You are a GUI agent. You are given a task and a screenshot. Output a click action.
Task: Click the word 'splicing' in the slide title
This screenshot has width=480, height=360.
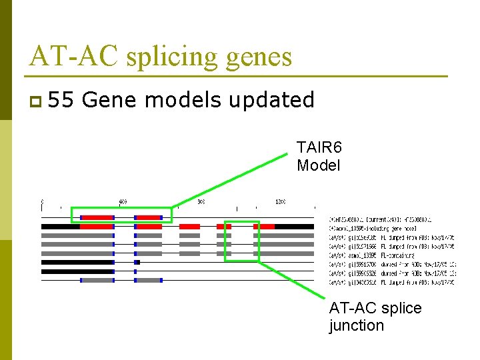click(x=170, y=57)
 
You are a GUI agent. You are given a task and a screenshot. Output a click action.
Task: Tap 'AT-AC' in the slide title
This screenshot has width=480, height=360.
click(x=74, y=56)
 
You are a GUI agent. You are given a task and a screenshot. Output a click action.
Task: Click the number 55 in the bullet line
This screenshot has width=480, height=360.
click(x=61, y=100)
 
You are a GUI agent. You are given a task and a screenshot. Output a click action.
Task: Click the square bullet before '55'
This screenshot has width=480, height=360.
click(x=35, y=101)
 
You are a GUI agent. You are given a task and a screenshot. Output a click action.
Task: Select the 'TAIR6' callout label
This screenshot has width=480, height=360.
click(x=319, y=147)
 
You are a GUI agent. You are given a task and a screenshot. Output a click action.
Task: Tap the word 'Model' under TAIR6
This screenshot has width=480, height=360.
click(x=318, y=165)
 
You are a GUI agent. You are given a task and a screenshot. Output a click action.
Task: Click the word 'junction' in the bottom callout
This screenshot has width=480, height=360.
click(x=357, y=325)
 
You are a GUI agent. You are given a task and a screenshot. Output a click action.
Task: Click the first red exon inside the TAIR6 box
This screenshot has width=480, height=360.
click(x=97, y=217)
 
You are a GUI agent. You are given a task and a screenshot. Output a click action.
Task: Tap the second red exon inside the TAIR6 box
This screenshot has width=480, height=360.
click(x=148, y=217)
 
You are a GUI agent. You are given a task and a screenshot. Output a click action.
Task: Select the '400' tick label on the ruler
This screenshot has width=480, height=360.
click(x=123, y=201)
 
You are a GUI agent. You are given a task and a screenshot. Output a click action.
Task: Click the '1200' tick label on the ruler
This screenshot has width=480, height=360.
click(x=280, y=201)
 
